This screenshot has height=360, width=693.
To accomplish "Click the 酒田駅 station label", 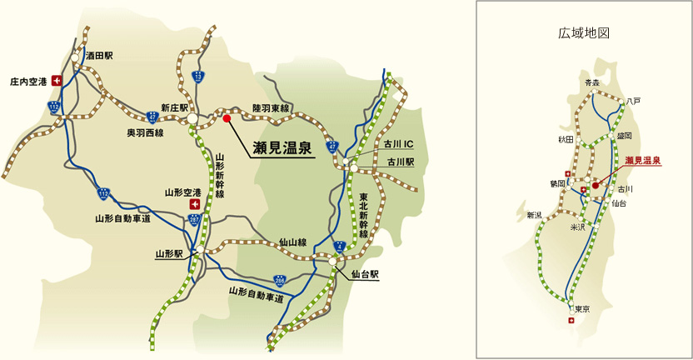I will tap(98, 55).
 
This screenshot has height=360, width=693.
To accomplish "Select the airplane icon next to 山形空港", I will tap(195, 202).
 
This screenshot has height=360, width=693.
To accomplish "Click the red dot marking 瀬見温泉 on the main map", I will tap(227, 118).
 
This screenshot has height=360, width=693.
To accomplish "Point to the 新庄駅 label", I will tap(176, 107).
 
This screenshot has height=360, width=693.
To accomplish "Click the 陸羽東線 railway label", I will tap(270, 108).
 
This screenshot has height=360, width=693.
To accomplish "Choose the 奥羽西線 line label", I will tap(145, 132).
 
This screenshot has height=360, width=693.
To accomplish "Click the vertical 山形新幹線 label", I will tap(219, 176).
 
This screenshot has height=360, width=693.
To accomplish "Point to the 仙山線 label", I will tap(293, 242).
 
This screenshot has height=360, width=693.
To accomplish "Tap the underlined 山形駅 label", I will tap(169, 252).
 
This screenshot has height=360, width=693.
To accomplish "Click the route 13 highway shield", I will tap(197, 77).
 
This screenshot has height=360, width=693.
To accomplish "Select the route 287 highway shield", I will tap(195, 220).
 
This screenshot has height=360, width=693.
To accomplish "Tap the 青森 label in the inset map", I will tap(591, 82).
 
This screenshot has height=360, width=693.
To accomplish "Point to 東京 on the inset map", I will tap(582, 309).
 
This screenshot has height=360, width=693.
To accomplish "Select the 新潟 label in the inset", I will tap(534, 215).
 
